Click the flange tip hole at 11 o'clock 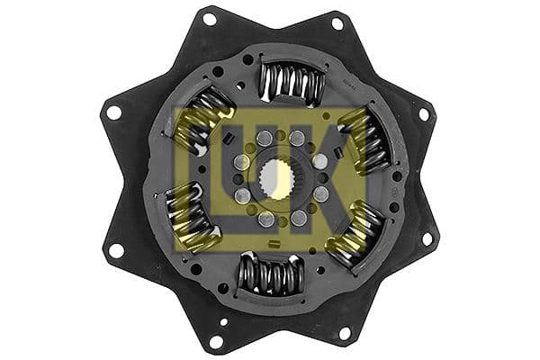point(209,19)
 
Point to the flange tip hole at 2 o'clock point(423,114)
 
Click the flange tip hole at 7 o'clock point(215,340)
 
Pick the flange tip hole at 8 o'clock point(115,249)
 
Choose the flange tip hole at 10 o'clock point(113,112)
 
